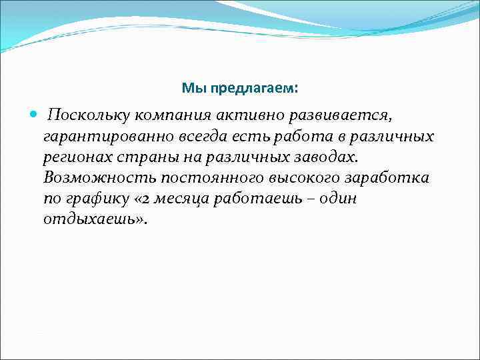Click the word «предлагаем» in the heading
(x=259, y=89)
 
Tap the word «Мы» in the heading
(x=191, y=89)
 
